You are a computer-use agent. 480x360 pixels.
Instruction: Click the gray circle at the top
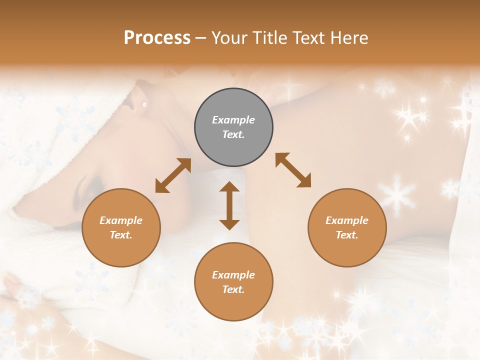(233, 127)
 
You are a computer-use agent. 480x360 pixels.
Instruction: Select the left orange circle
(121, 228)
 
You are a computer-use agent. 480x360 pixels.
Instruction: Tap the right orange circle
(347, 228)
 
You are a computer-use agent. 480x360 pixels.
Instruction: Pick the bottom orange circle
(233, 282)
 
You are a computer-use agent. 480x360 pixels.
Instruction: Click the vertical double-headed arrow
(229, 205)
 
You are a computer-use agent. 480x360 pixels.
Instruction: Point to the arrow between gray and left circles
(173, 175)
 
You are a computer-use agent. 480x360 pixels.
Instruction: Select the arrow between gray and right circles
(293, 170)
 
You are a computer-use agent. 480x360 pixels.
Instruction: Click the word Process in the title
(157, 37)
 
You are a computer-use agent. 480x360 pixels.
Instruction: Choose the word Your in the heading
(228, 37)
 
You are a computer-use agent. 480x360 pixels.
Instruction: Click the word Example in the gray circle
(233, 120)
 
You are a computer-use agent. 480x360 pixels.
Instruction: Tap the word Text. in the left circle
(121, 235)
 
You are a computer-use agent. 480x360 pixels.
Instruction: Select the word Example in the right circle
(347, 220)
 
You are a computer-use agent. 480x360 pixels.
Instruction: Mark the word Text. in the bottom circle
(233, 289)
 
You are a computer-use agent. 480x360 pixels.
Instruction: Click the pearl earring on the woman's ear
(144, 104)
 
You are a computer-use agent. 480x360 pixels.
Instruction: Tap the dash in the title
(201, 37)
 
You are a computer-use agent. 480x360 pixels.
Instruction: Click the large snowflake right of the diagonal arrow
(396, 193)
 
